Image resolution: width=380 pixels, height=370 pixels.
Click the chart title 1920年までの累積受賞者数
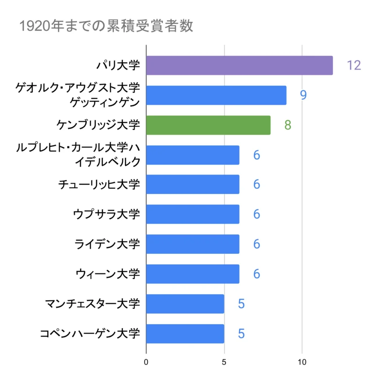click(x=106, y=26)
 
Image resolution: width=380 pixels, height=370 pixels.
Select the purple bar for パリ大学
click(x=239, y=65)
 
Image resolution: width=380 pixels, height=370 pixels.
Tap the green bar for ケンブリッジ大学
click(x=208, y=125)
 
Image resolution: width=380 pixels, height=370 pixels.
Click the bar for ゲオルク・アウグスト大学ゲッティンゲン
click(x=216, y=95)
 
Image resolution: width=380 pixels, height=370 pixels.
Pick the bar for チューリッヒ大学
click(x=192, y=185)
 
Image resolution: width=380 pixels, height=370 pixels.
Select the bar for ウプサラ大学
click(x=192, y=214)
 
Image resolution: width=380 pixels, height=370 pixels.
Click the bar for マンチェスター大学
click(x=185, y=304)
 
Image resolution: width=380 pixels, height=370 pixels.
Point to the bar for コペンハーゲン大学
click(x=185, y=333)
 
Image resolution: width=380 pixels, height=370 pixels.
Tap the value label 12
click(x=354, y=65)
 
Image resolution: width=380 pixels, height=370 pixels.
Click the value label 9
click(x=303, y=95)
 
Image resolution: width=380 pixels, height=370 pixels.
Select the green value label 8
click(x=288, y=125)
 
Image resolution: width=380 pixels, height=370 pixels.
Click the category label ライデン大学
click(x=107, y=244)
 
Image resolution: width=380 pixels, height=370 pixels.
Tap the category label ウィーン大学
click(x=107, y=274)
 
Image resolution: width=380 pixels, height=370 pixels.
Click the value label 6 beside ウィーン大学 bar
click(x=256, y=274)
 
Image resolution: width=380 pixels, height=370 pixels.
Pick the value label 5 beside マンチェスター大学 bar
click(x=241, y=304)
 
